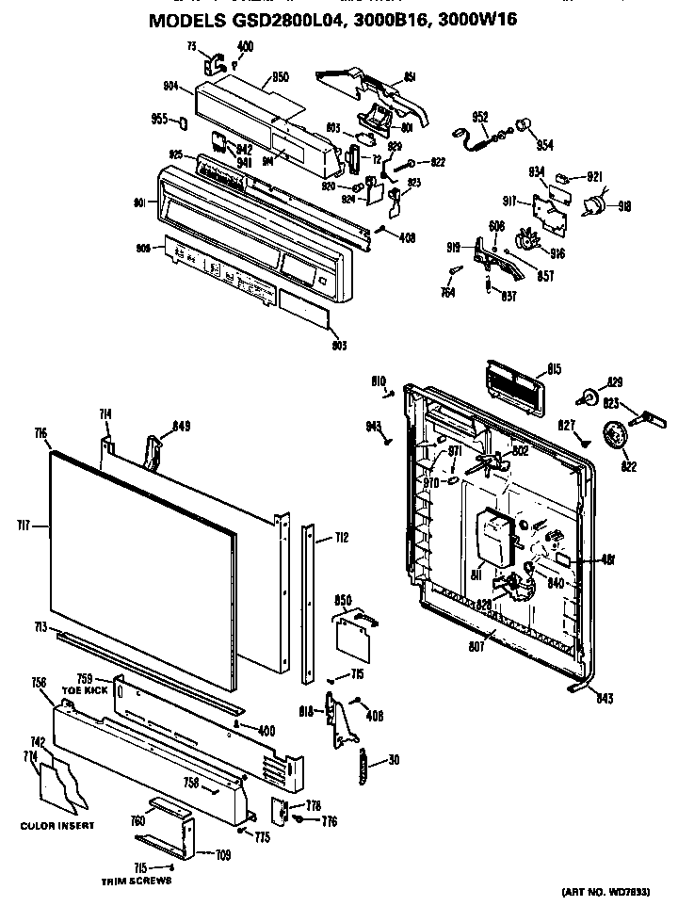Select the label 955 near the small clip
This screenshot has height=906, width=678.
click(x=159, y=120)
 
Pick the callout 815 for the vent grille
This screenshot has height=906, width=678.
click(x=556, y=369)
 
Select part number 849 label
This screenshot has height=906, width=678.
click(x=181, y=426)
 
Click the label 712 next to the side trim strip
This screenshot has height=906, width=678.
click(x=341, y=539)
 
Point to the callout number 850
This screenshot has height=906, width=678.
click(x=343, y=600)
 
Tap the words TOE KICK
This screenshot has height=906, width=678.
click(x=84, y=689)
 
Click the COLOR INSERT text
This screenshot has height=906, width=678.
click(x=57, y=826)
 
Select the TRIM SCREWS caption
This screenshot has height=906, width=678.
click(x=137, y=882)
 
